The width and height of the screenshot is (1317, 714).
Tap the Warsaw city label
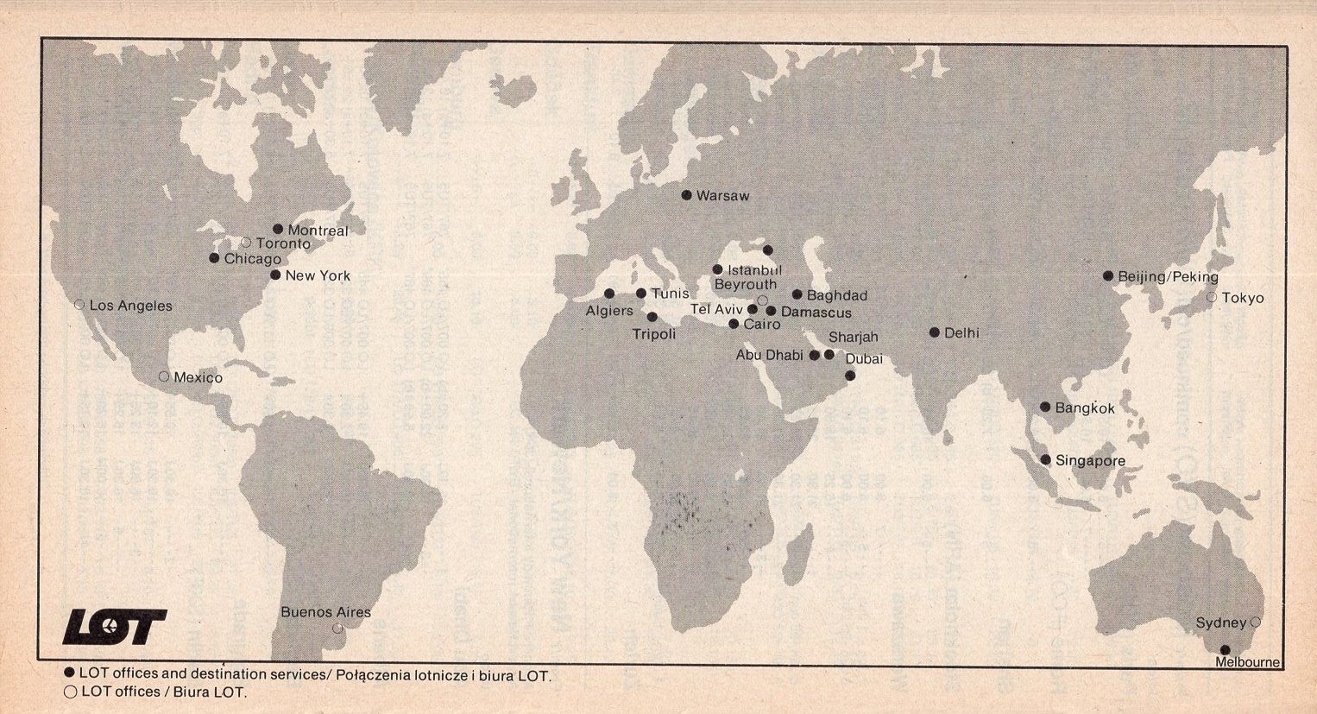tap(722, 196)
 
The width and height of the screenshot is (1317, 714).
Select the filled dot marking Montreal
tap(278, 229)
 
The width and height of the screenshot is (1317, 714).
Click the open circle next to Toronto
tap(246, 243)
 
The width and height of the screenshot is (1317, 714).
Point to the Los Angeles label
tap(130, 306)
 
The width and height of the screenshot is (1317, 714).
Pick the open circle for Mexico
tap(164, 376)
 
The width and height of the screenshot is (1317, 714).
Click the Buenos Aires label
tap(325, 612)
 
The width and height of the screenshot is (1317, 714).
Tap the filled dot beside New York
tap(275, 275)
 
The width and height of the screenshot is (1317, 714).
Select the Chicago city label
tap(252, 259)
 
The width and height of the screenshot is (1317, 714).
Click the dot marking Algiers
tap(609, 294)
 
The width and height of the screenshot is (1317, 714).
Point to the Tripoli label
tap(653, 334)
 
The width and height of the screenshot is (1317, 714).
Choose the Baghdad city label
tap(836, 296)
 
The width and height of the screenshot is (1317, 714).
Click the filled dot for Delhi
tap(935, 332)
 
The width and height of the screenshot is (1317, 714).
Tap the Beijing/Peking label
tap(1168, 277)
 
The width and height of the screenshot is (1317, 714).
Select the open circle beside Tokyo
tap(1212, 297)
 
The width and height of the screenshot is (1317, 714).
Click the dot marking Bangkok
tap(1045, 407)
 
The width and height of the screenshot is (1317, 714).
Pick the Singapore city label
tap(1090, 461)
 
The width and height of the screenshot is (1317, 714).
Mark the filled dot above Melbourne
tap(1224, 649)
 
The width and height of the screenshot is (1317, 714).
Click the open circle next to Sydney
tap(1256, 622)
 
